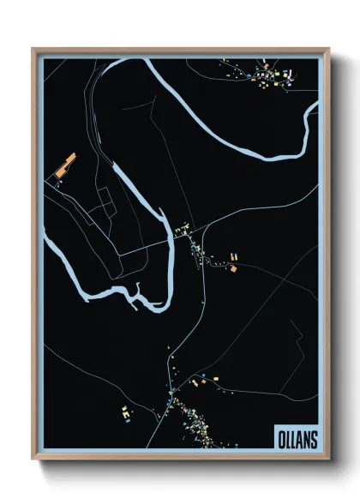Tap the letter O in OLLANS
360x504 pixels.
(x=281, y=438)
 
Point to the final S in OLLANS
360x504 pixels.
(x=313, y=438)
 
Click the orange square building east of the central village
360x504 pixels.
(x=232, y=268)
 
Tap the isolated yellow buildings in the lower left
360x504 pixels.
(x=125, y=413)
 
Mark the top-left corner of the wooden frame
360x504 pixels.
(x=33, y=49)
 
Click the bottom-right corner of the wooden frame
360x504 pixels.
(x=328, y=459)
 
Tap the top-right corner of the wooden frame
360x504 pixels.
(x=328, y=49)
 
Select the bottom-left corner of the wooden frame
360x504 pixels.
(x=33, y=459)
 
